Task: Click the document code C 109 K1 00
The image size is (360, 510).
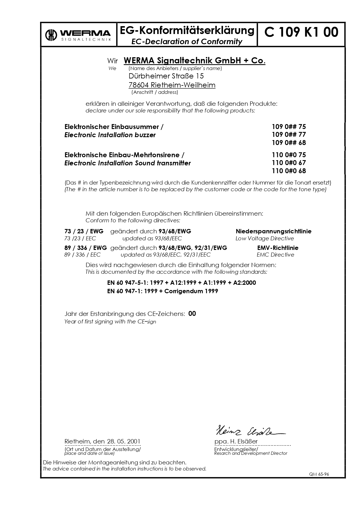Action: (x=301, y=32)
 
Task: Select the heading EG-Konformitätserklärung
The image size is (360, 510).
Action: (x=187, y=30)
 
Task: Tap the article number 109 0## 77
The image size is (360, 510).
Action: (x=289, y=135)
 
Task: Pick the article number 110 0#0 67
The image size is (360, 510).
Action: (x=289, y=163)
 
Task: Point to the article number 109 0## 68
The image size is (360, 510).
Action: (x=289, y=143)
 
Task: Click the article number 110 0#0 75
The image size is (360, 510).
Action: (x=289, y=155)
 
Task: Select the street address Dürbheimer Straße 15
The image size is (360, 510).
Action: (x=166, y=76)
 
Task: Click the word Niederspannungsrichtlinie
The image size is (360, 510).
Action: (x=273, y=231)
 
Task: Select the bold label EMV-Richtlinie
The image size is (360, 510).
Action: (x=278, y=248)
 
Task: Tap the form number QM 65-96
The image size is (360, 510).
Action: (x=319, y=474)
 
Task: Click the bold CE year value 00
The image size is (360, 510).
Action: (x=192, y=314)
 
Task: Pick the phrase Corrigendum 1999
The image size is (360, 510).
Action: (x=191, y=291)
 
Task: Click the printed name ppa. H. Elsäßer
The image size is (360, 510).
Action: (x=236, y=441)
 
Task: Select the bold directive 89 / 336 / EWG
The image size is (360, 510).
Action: (x=86, y=248)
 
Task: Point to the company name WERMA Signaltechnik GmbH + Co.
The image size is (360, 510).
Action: (x=195, y=61)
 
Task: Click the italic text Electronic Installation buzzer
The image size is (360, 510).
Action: (x=110, y=135)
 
